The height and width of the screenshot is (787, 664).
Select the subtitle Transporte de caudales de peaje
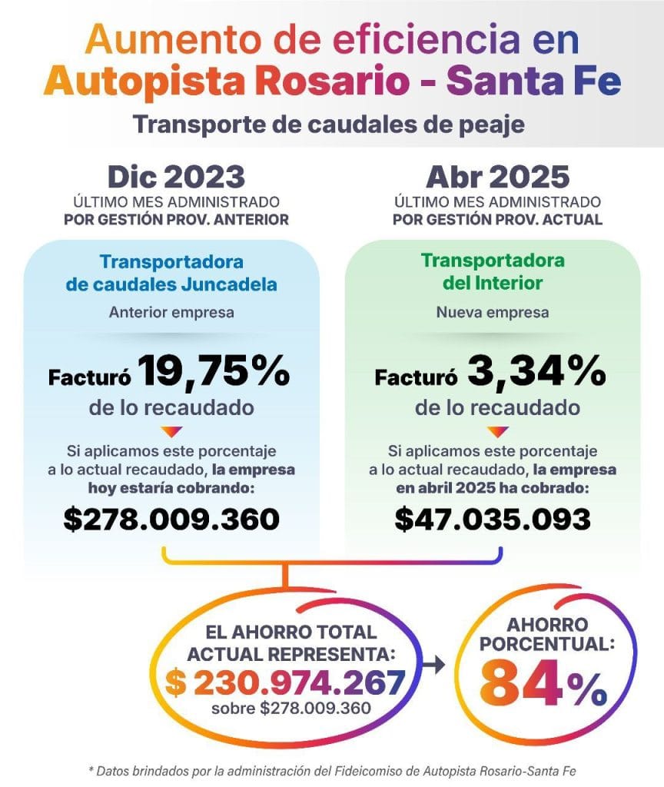(x=329, y=124)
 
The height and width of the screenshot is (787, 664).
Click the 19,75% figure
(x=214, y=374)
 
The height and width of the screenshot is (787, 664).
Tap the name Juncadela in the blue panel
(x=234, y=284)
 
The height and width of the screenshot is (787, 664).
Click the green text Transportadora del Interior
(x=493, y=271)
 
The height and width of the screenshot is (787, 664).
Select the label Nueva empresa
(x=493, y=313)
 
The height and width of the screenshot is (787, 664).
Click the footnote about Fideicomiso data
(x=332, y=770)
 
